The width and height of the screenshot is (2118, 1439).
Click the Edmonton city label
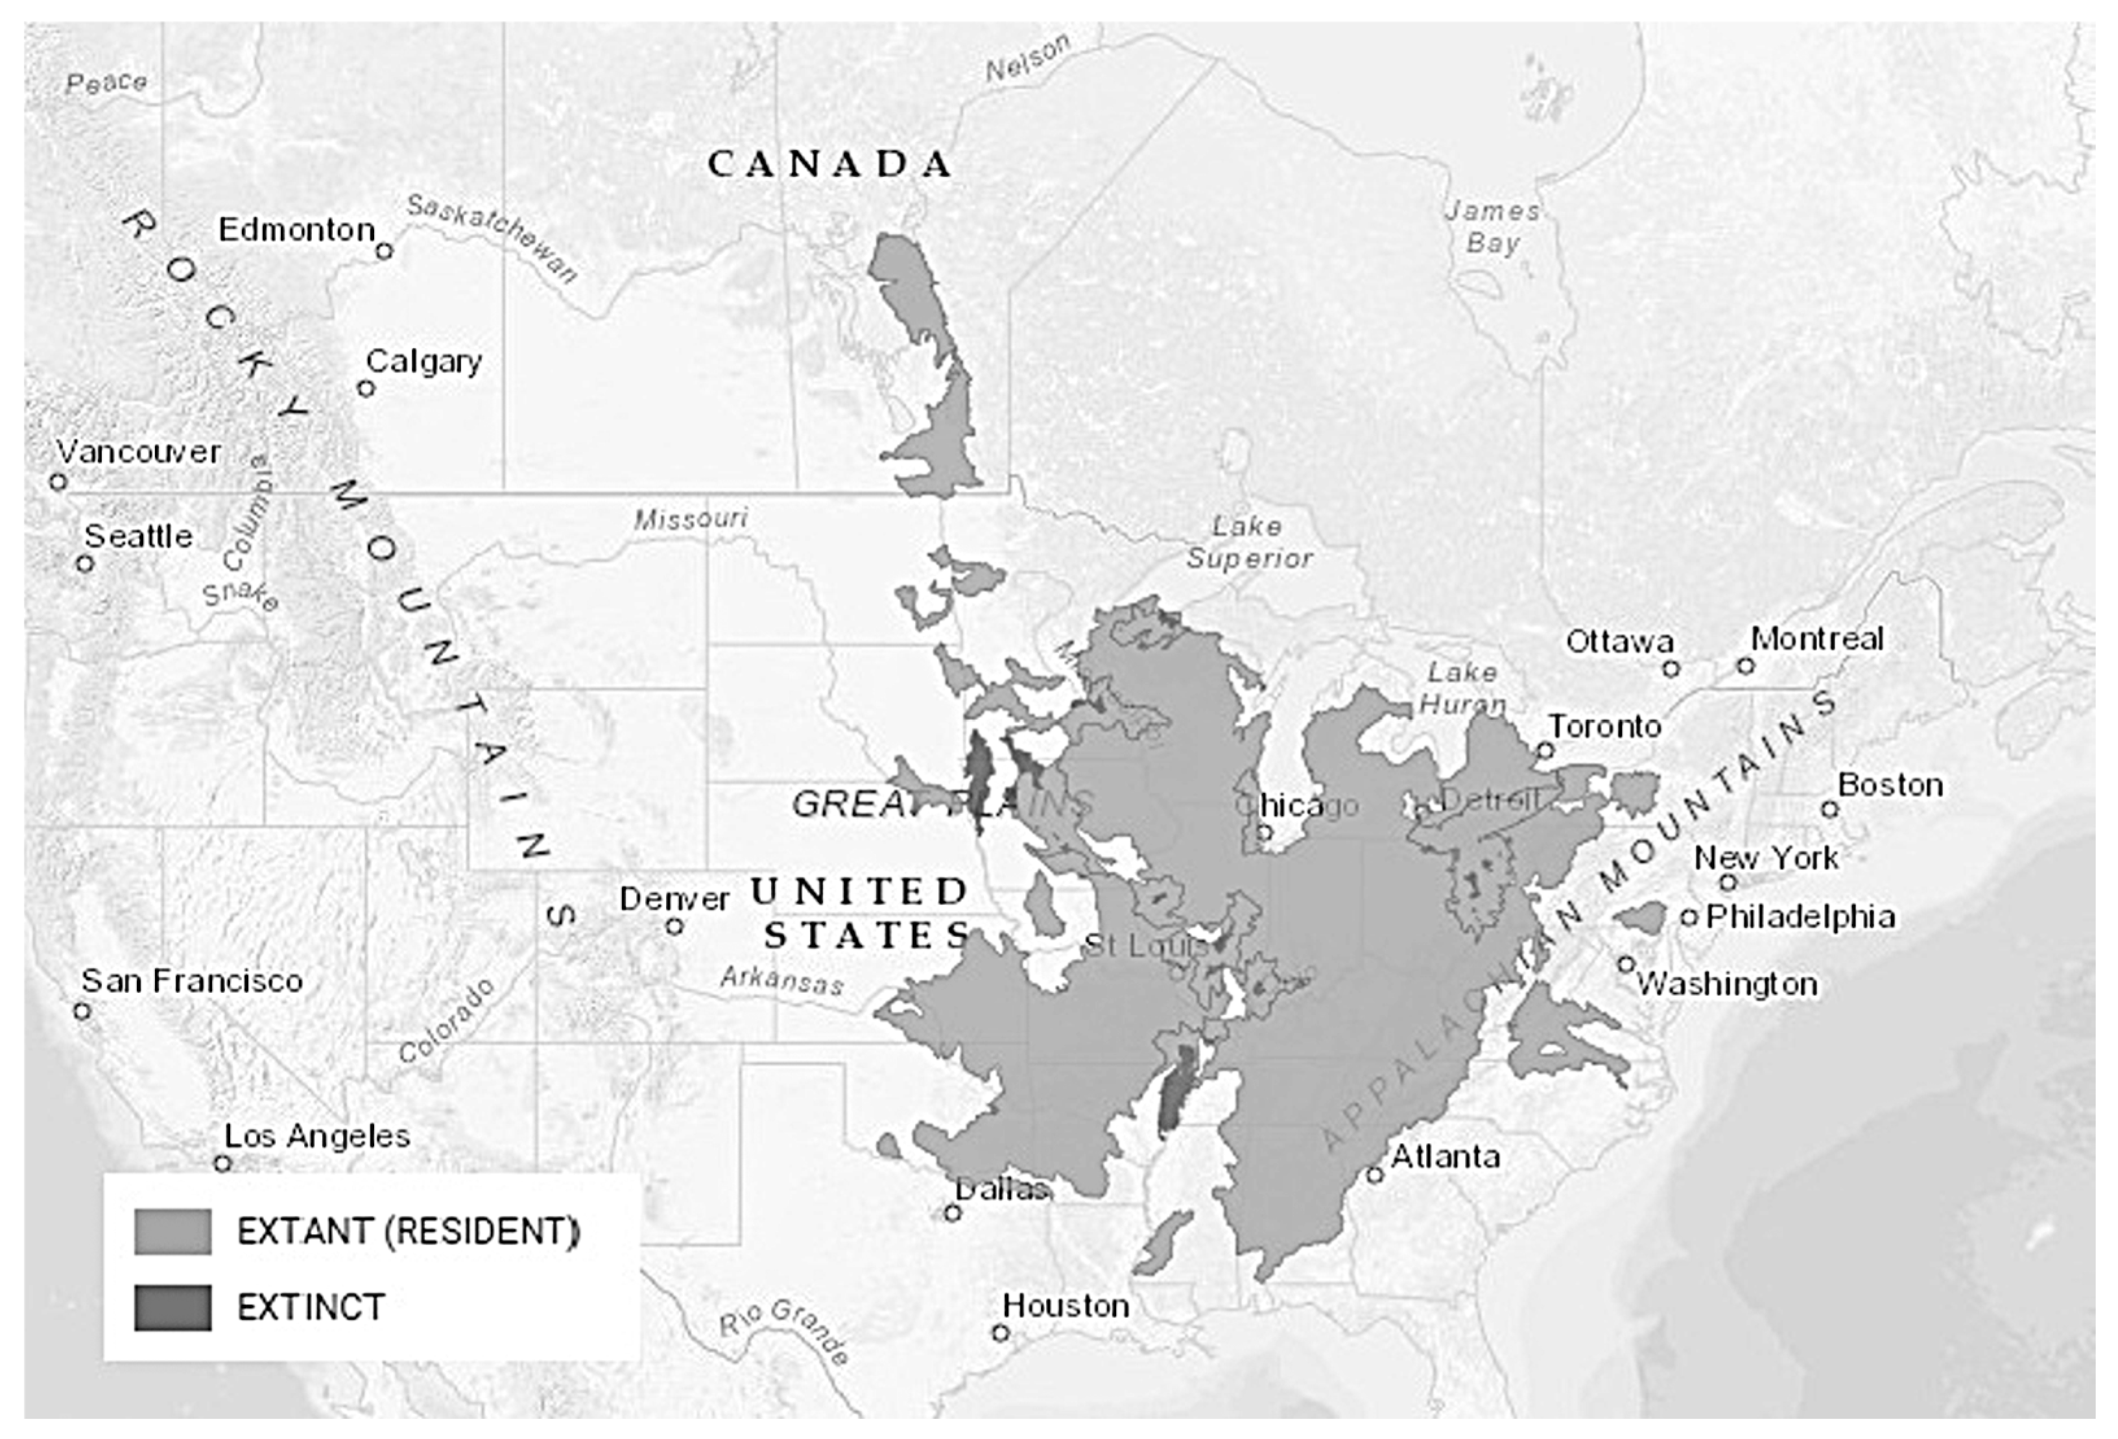(296, 230)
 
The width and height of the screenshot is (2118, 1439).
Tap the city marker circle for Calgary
(366, 389)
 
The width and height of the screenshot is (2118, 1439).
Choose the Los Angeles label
(316, 1136)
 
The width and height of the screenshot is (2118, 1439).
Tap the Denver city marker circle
(674, 927)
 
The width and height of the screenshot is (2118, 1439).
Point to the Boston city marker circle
(1829, 809)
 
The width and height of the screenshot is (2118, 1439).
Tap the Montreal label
(1816, 639)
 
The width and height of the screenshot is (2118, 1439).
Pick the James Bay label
(1492, 227)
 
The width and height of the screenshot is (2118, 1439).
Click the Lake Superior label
(1248, 542)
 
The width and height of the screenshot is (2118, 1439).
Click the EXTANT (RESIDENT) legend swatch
(173, 1231)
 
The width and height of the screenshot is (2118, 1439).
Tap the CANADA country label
(829, 165)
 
